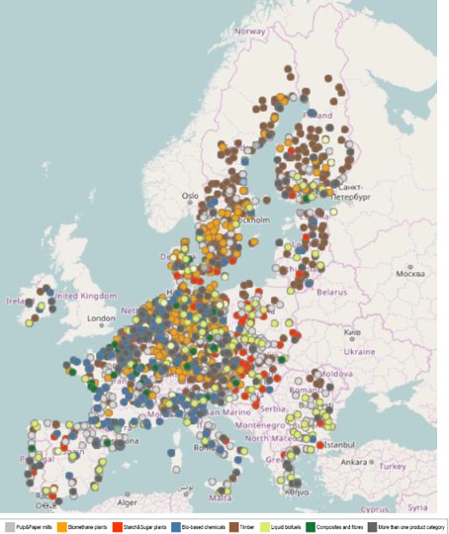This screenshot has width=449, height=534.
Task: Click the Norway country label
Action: pos(250,31)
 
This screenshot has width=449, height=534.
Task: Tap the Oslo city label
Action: pos(190,196)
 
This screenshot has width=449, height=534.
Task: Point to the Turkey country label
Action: pos(395,466)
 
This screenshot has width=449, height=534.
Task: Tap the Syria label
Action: pos(418,506)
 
